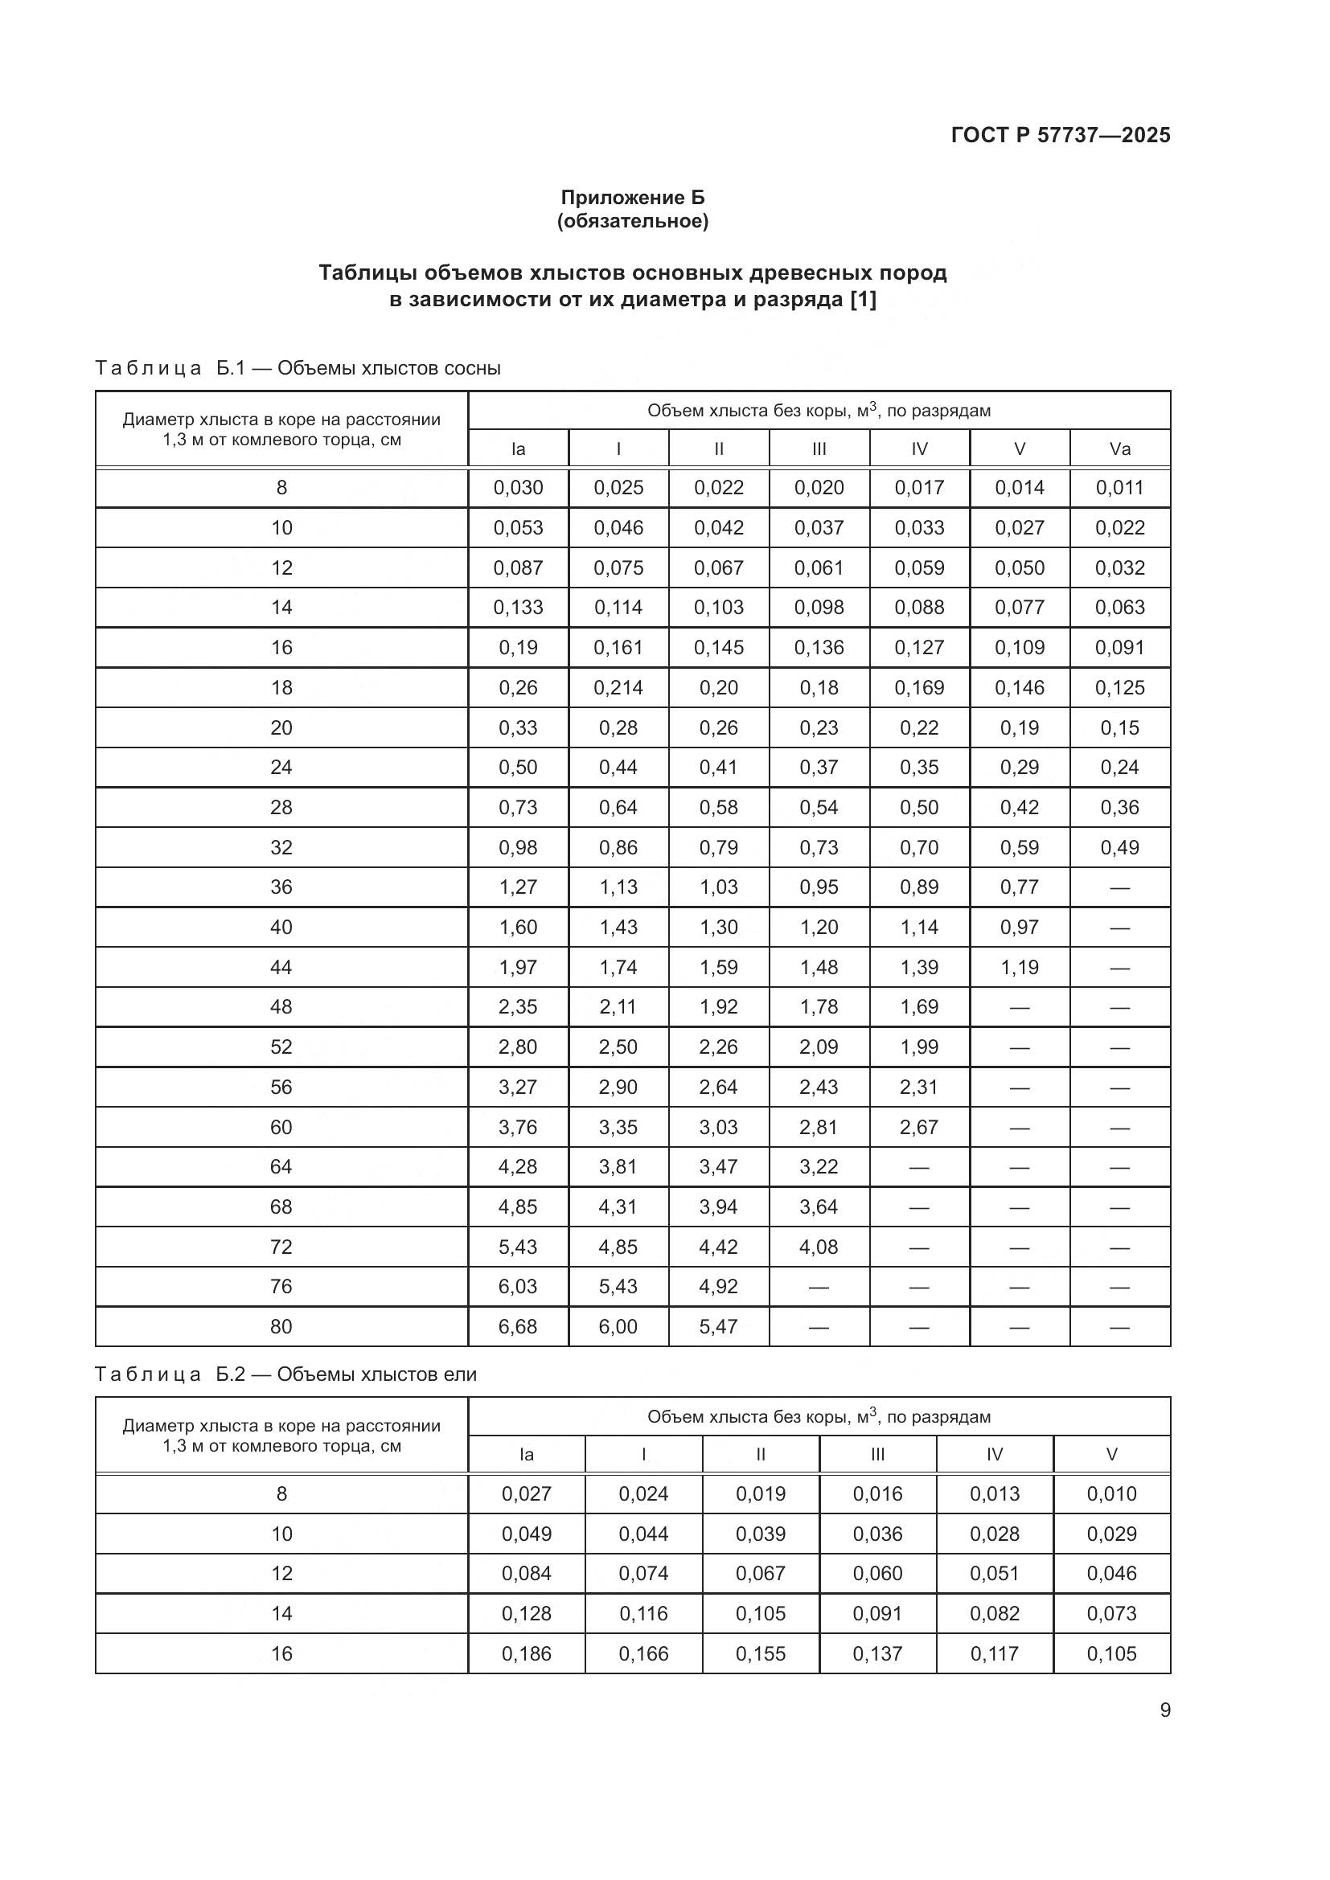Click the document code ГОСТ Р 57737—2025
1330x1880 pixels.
coord(1061,135)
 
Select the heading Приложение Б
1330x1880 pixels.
coord(632,198)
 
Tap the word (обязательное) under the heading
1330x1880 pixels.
coord(632,221)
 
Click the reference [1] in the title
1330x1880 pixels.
coord(862,300)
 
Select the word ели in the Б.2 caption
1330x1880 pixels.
coord(460,1374)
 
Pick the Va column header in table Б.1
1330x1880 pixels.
coord(1119,448)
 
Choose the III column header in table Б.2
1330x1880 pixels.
coord(877,1455)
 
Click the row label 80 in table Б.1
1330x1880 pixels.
coord(281,1326)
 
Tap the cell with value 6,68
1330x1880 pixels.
coord(518,1326)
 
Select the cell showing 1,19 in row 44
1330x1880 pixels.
coord(1019,967)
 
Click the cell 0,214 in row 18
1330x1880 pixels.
coord(618,688)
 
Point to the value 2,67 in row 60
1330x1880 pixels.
coord(919,1127)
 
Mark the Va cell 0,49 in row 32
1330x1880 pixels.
coord(1119,847)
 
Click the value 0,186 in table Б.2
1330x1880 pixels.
coord(527,1654)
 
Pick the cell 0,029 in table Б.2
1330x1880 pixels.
coord(1111,1534)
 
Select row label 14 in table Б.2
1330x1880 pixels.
coord(281,1614)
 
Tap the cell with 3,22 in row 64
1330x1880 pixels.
coord(819,1167)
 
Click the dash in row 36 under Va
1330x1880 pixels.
coord(1119,887)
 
